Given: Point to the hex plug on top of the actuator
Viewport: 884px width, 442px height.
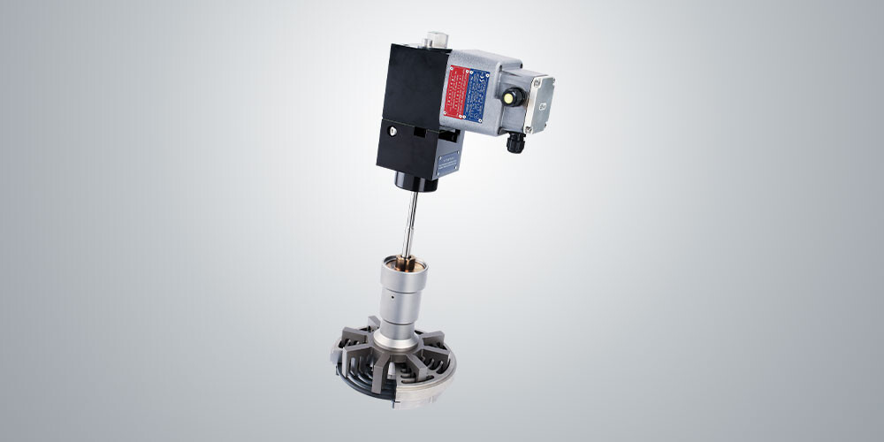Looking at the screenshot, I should pos(433,40).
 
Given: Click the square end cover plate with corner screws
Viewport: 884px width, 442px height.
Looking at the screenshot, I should pos(541,103).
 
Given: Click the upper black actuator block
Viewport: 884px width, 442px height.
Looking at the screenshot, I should pos(412,84).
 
